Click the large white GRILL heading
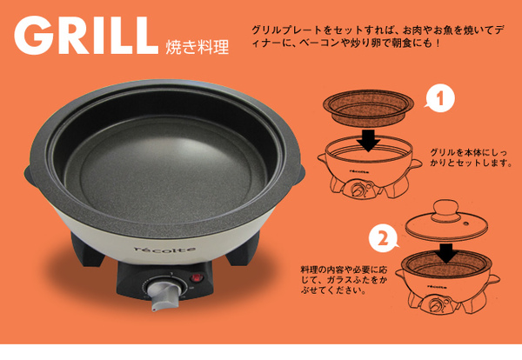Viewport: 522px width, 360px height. [86, 36]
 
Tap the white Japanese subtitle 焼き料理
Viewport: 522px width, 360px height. [197, 47]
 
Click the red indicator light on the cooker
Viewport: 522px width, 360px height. [197, 277]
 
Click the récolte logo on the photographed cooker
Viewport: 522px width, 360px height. [164, 250]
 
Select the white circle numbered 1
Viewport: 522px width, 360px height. [440, 98]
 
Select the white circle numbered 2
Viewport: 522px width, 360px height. [384, 238]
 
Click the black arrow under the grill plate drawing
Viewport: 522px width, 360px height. [369, 140]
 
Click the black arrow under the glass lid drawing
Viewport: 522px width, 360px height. [446, 254]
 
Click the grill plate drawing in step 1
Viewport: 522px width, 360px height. [368, 106]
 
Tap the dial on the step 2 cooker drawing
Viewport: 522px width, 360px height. [436, 304]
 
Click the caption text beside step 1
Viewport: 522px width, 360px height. [471, 157]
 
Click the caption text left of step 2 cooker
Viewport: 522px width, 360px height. [344, 279]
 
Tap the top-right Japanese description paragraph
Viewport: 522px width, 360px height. [376, 37]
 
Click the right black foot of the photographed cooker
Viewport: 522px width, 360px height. [244, 249]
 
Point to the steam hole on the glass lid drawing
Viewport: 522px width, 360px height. [465, 222]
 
